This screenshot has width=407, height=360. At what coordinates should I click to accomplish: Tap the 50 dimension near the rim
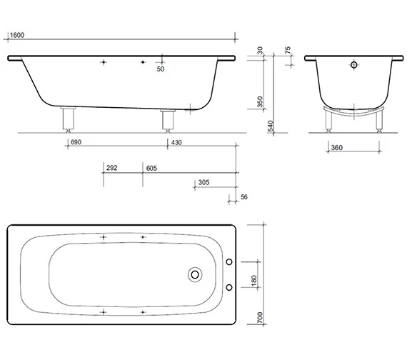coord(160,69)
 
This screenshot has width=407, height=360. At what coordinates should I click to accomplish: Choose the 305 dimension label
coord(203,183)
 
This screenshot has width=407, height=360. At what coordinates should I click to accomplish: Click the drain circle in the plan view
coord(195,274)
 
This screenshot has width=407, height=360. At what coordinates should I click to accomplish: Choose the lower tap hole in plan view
coord(229,288)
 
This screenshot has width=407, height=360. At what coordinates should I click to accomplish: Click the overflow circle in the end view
coord(352,65)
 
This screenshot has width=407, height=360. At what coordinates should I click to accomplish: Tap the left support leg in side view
coord(69,119)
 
